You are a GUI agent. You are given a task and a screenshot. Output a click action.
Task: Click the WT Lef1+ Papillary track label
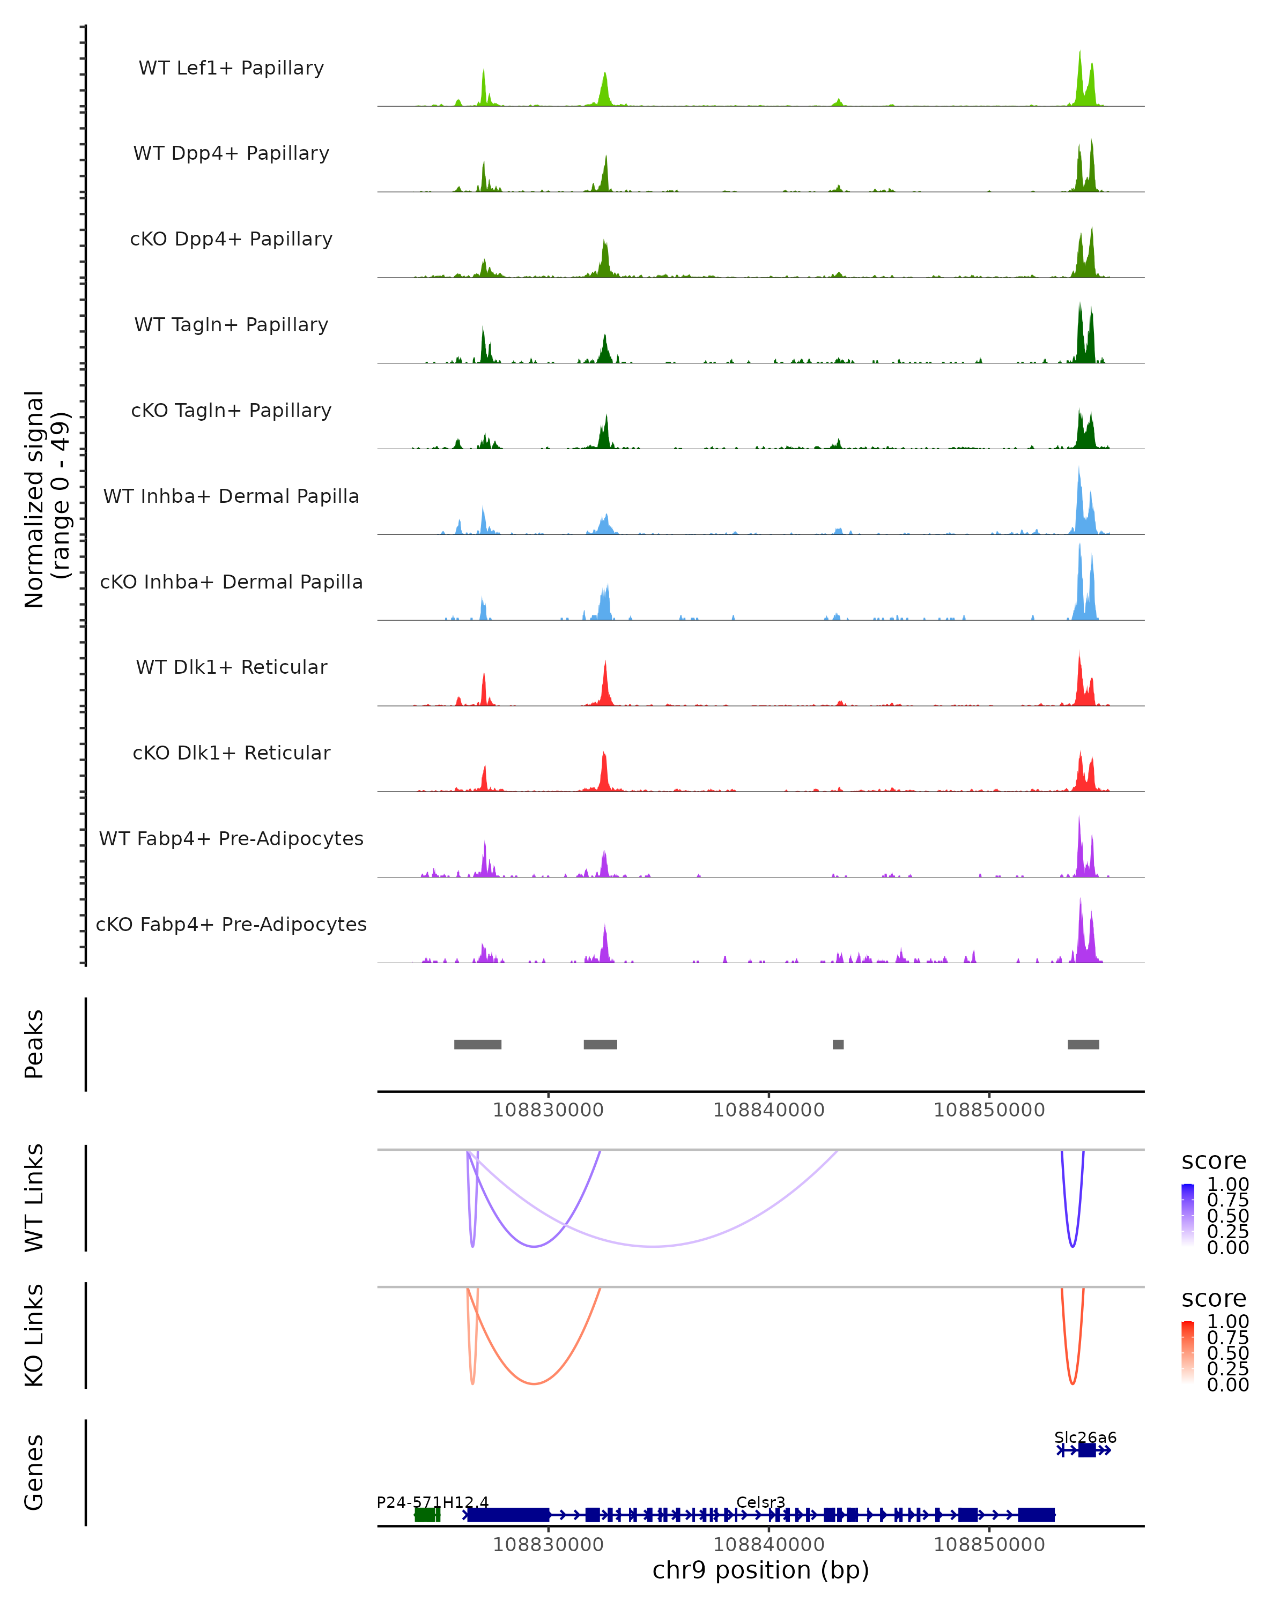point(231,68)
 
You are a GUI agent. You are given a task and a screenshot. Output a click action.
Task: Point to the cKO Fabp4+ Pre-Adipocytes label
point(231,924)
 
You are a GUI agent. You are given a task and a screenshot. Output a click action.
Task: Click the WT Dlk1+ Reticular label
point(231,667)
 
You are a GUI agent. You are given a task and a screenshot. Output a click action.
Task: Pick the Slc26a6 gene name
point(1085,1437)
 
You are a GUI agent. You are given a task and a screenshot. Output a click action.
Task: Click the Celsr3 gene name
point(760,1502)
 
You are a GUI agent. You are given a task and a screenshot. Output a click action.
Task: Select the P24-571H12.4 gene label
point(432,1502)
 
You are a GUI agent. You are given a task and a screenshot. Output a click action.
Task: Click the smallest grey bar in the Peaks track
point(838,1044)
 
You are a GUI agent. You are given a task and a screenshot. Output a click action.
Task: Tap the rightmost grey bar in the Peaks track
point(1083,1044)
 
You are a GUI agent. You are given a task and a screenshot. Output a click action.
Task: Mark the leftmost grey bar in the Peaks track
point(477,1044)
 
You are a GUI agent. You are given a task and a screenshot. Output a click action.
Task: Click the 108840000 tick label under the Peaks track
point(768,1110)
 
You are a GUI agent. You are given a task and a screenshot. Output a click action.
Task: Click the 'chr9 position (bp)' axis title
point(760,1570)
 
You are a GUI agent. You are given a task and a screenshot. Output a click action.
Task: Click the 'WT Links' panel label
point(34,1198)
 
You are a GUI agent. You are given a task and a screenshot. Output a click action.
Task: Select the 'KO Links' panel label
point(34,1336)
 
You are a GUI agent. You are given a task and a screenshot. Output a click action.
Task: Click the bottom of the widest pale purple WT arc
point(654,1246)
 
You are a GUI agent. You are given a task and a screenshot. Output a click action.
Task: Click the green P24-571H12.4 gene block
point(427,1515)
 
